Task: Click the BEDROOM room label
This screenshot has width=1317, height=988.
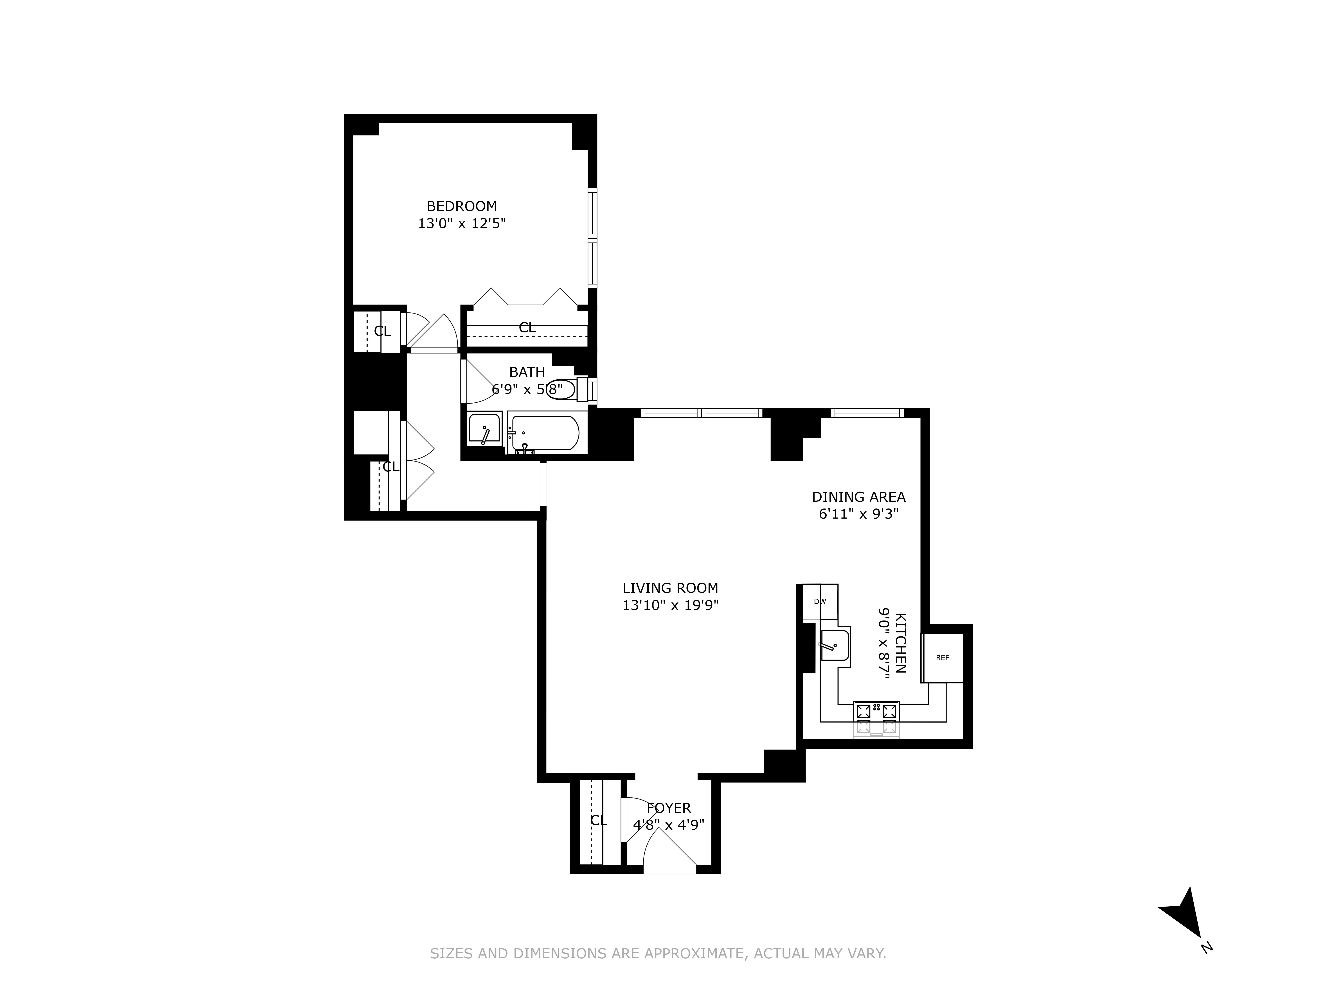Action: [x=461, y=206]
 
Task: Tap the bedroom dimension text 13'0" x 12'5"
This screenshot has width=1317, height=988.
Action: [x=461, y=224]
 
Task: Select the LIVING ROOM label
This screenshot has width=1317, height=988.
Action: [x=670, y=588]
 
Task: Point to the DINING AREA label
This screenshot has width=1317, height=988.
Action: [x=858, y=497]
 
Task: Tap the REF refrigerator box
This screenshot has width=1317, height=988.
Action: [x=942, y=658]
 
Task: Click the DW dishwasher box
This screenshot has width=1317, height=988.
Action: [x=820, y=602]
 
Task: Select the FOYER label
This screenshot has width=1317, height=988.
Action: [x=669, y=808]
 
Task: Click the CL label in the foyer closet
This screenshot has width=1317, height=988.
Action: [x=598, y=821]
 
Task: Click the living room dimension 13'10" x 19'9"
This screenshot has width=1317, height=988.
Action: [x=670, y=606]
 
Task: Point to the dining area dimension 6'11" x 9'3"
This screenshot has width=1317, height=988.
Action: [x=858, y=514]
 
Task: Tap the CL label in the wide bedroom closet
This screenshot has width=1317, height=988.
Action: [x=527, y=328]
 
